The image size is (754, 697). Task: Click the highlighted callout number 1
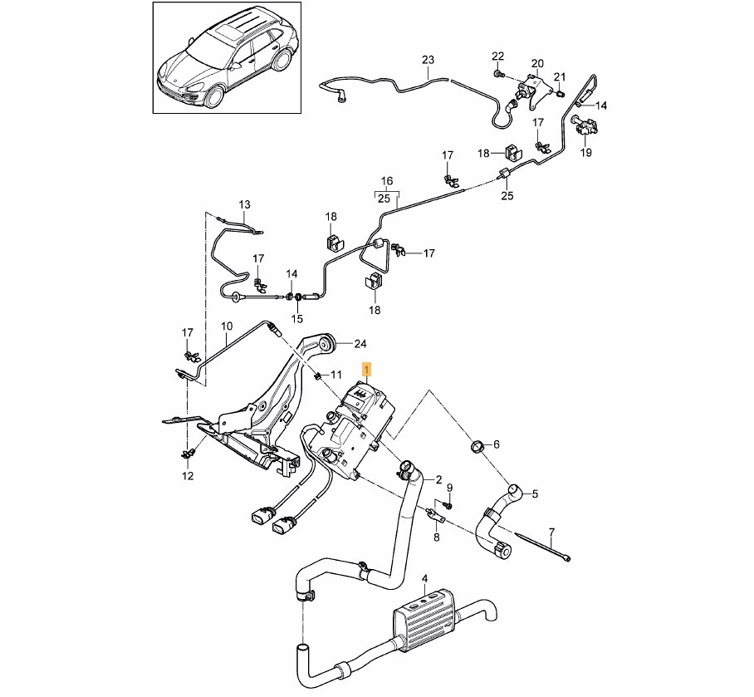(x=367, y=370)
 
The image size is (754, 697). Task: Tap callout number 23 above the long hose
(x=428, y=60)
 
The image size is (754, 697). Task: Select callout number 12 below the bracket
(x=188, y=476)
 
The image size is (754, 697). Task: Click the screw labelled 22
(x=498, y=74)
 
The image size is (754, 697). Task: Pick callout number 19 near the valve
(x=585, y=153)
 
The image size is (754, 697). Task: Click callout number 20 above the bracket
(x=537, y=63)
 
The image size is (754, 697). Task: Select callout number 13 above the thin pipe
(x=244, y=204)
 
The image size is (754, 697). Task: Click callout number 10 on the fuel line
(x=227, y=326)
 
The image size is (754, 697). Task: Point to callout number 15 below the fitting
(x=297, y=318)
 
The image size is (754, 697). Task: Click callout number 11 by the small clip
(x=335, y=374)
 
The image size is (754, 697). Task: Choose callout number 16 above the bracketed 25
(x=387, y=181)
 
